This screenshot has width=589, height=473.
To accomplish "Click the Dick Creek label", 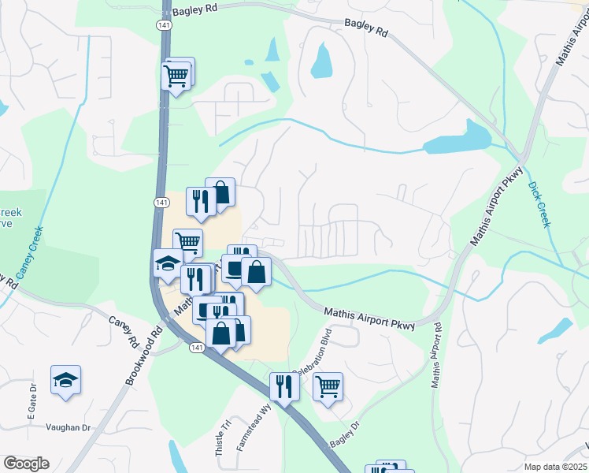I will pos(539,204).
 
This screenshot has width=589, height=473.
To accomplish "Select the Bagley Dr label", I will pos(345,437).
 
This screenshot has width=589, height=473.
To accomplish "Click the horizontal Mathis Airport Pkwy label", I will pos(369,319).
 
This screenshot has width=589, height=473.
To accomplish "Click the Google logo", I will pos(25,464).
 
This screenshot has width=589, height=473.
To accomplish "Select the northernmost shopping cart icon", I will pos(176,76).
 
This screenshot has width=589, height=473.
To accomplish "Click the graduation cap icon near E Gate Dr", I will pos(66,381).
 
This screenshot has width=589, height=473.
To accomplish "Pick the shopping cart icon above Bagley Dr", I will pos(328,386).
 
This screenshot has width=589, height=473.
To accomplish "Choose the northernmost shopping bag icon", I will pos(221,192).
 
